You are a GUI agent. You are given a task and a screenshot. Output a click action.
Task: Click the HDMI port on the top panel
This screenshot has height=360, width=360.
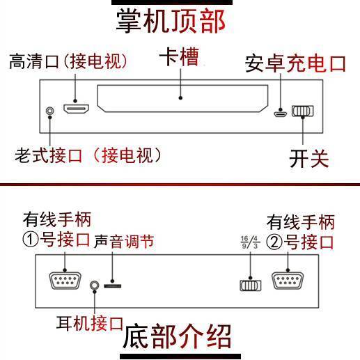[x=76, y=109]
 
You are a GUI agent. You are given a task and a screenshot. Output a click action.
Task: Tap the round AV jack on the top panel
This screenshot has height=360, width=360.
[x=49, y=111]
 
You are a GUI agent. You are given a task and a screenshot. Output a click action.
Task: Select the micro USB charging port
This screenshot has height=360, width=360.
[x=281, y=114]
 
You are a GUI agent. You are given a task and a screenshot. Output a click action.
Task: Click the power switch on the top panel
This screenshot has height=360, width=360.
[x=302, y=111]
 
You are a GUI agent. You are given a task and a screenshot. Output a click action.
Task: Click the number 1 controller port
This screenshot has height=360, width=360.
[x=65, y=281]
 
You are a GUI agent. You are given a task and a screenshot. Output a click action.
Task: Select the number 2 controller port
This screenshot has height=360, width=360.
[x=288, y=281]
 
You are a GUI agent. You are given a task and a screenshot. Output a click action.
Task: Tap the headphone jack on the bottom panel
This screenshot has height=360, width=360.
[x=94, y=285]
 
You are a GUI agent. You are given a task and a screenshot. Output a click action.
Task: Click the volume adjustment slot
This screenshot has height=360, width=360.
[x=113, y=286]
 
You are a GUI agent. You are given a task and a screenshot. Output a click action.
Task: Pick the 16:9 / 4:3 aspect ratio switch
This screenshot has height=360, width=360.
[x=251, y=285]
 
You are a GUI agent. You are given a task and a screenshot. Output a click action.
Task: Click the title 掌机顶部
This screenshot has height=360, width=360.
[x=171, y=21]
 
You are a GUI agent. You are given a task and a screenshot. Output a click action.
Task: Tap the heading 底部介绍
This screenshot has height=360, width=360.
[x=177, y=336]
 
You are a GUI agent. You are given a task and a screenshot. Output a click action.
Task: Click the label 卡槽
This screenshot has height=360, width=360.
[x=179, y=57]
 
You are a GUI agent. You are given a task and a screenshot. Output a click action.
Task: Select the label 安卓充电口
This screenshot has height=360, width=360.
[x=295, y=63]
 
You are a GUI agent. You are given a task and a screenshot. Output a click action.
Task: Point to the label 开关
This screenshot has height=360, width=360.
[x=309, y=159]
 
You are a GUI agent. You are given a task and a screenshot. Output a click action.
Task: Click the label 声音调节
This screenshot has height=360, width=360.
[x=124, y=242]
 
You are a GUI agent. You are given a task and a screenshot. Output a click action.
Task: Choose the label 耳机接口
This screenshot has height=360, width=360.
[x=90, y=323]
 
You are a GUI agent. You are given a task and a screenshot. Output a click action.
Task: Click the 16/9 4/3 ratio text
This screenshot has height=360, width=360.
[x=250, y=242]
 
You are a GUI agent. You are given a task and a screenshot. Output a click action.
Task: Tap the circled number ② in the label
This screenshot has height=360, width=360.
[x=274, y=242]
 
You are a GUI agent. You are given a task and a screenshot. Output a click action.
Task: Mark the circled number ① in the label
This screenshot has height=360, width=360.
[x=31, y=240]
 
